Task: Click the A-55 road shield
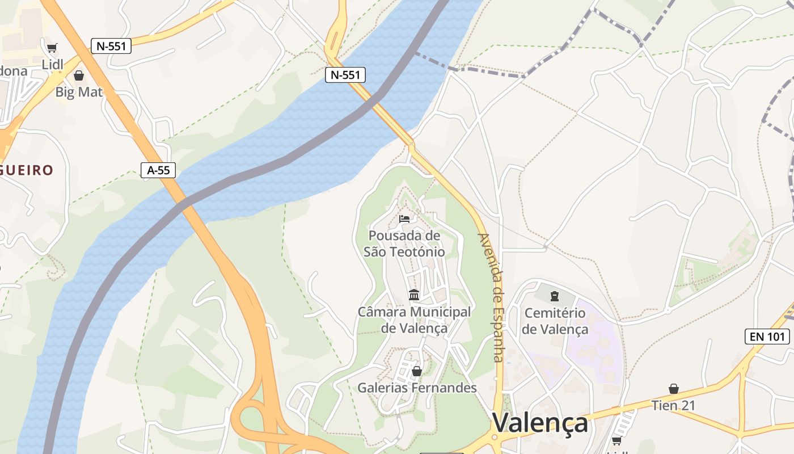point(158,170)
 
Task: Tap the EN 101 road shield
point(767,337)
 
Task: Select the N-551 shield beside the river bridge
point(345,74)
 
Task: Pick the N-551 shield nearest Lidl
point(111,46)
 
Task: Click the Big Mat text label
point(79,91)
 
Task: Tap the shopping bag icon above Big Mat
point(79,75)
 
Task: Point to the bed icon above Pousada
point(404,219)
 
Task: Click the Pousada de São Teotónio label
point(404,243)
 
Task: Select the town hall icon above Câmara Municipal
point(414,295)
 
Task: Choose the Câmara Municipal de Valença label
point(414,320)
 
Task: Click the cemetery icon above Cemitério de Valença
point(555,296)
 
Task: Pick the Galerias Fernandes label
point(417,388)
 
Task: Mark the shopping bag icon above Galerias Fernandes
point(417,371)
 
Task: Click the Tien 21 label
point(673,406)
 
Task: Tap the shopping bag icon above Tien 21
point(673,389)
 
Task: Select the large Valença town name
point(539,423)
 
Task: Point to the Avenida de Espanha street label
point(491,297)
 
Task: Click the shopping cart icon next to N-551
point(52,48)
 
